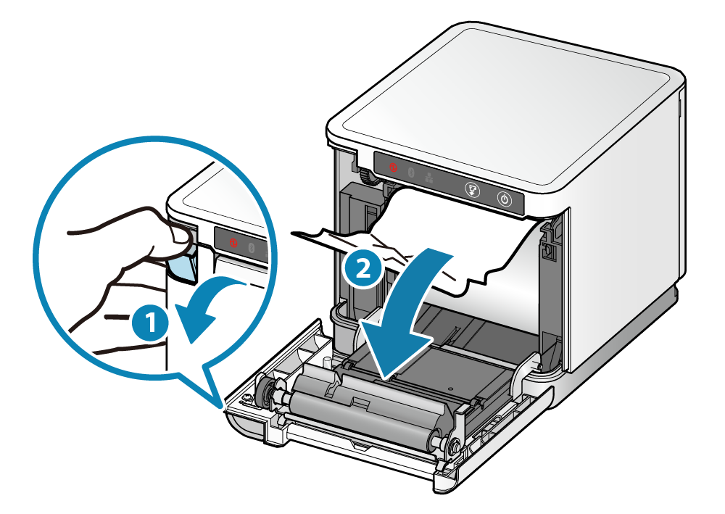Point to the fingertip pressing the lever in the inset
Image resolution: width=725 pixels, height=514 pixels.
174,232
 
